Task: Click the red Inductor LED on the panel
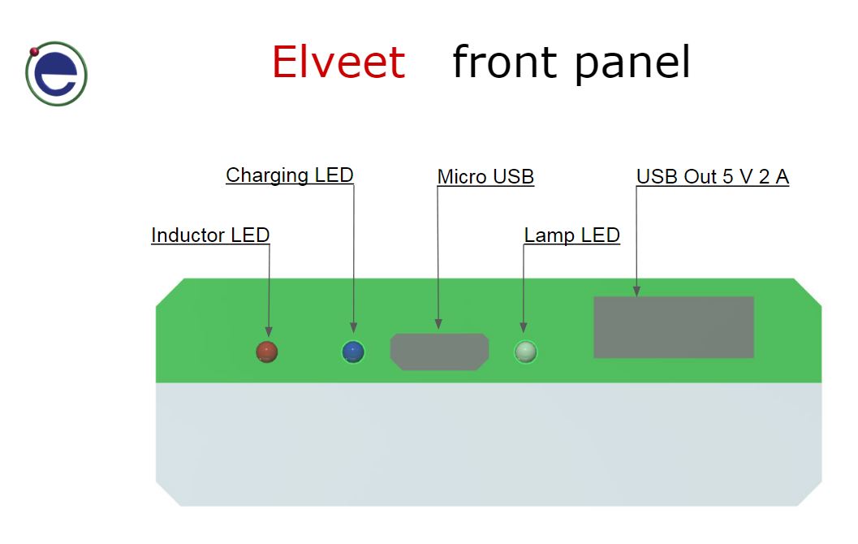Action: click(x=266, y=351)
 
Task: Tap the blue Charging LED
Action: click(x=353, y=352)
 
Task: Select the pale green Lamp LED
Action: click(x=526, y=352)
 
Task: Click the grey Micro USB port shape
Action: click(x=440, y=352)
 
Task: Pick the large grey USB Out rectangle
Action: click(x=674, y=327)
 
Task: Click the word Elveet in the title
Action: click(x=338, y=63)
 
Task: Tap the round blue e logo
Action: click(x=57, y=75)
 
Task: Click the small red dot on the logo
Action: click(x=34, y=52)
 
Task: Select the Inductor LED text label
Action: click(x=210, y=235)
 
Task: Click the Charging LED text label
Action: click(x=290, y=175)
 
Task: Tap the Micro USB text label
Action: click(x=485, y=177)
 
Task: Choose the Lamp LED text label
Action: click(x=571, y=235)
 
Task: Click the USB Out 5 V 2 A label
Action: click(x=712, y=177)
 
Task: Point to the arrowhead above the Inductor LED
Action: click(x=269, y=332)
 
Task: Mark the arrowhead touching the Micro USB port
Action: click(x=439, y=324)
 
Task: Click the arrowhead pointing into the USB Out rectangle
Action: click(x=637, y=289)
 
